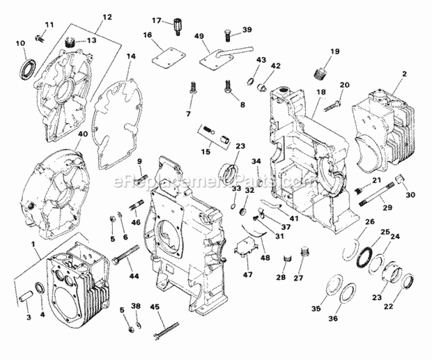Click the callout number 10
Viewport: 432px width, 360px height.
(x=20, y=43)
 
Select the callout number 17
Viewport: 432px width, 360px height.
(x=157, y=21)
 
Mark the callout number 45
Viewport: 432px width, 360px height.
(x=156, y=306)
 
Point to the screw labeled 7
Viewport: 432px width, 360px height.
(x=192, y=91)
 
